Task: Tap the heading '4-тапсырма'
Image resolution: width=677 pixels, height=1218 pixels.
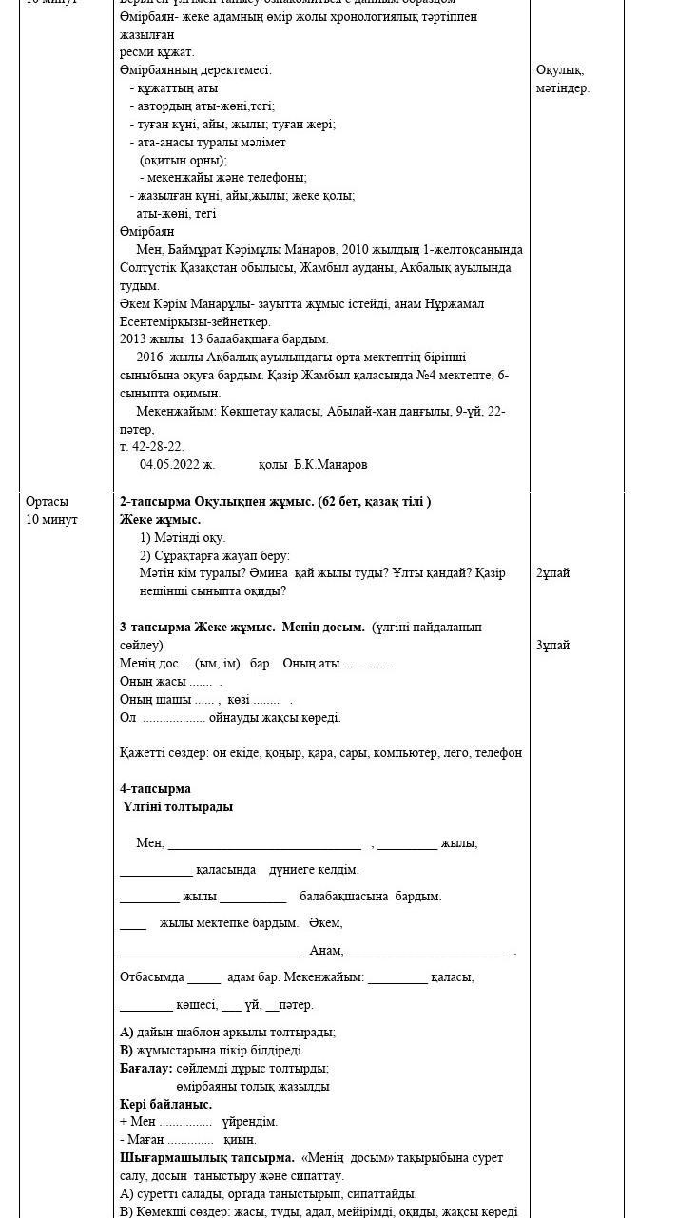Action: point(155,788)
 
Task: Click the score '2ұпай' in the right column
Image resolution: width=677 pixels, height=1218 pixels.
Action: point(553,573)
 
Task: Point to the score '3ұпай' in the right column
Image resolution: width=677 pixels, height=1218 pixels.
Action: point(553,646)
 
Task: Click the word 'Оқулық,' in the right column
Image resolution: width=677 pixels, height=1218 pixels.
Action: point(560,70)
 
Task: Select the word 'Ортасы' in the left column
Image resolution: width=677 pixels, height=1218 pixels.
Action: point(48,501)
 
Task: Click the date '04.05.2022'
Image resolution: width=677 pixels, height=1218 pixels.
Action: point(177,465)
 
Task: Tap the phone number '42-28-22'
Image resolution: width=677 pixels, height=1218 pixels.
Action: point(157,446)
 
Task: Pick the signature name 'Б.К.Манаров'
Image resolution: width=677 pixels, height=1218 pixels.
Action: point(330,465)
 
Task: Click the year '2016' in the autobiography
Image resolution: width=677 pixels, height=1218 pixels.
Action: point(150,357)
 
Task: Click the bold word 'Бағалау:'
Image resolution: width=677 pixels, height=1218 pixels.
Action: point(146,1068)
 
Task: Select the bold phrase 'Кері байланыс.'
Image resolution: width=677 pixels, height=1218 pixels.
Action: point(165,1104)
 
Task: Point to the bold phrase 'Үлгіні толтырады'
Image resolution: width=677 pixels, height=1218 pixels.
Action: point(178,806)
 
